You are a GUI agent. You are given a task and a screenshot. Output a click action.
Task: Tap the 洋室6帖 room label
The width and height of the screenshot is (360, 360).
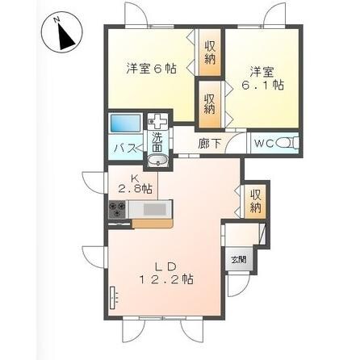point(150,69)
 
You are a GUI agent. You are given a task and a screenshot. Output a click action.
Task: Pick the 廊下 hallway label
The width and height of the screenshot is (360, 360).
point(209,145)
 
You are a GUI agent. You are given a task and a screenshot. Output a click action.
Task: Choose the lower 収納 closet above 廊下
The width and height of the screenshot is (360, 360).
point(209,103)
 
